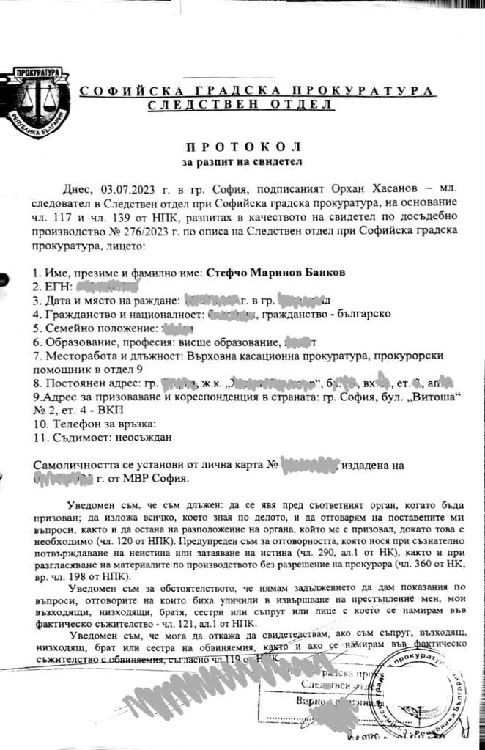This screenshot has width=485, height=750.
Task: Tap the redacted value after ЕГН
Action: tap(109, 287)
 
